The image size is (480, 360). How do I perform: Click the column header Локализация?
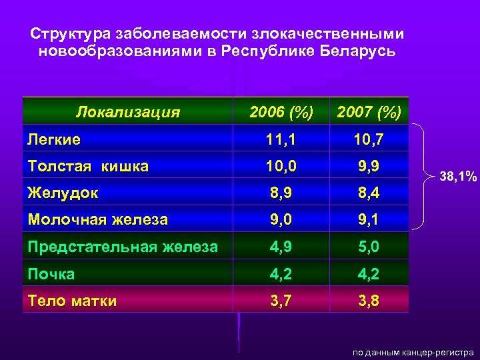click(x=128, y=111)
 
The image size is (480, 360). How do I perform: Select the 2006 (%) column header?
click(x=281, y=111)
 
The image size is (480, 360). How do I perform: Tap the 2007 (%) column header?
click(x=369, y=112)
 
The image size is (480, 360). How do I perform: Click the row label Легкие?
click(x=54, y=139)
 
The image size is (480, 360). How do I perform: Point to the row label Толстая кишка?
click(x=88, y=166)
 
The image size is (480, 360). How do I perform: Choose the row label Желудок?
click(x=63, y=193)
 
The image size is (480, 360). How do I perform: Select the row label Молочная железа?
click(x=97, y=219)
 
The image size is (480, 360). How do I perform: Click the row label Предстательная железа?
click(x=123, y=247)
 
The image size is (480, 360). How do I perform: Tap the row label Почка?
click(x=51, y=273)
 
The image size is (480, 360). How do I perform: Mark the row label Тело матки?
click(x=72, y=301)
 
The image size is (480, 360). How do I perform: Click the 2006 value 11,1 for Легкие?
click(x=281, y=139)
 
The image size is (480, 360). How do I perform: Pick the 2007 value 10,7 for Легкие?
click(x=369, y=139)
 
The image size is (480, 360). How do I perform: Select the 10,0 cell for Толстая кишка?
click(x=281, y=166)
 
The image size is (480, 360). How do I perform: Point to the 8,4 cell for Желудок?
click(x=369, y=193)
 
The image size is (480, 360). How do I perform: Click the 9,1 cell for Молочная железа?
click(x=369, y=219)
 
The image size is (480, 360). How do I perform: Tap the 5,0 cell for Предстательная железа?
click(x=369, y=247)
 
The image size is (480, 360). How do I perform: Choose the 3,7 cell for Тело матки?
click(x=281, y=301)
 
